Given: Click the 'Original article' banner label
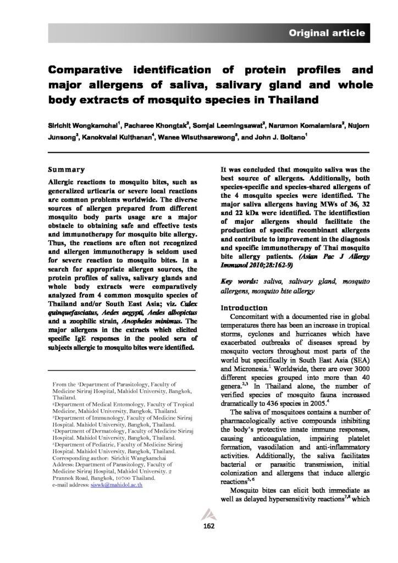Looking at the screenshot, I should click(327, 33).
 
